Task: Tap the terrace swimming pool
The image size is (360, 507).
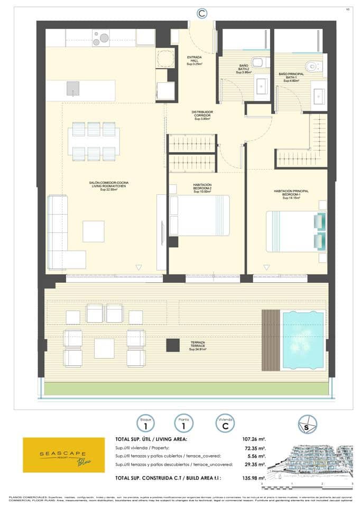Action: click(303, 340)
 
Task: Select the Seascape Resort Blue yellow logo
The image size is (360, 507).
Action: click(64, 455)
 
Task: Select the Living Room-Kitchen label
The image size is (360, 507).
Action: click(108, 185)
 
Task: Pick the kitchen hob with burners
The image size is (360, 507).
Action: click(100, 37)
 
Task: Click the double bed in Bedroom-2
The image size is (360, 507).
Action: click(199, 215)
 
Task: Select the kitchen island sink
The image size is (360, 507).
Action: click(73, 90)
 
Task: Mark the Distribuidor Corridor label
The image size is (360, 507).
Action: click(201, 116)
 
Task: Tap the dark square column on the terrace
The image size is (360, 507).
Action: click(173, 345)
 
